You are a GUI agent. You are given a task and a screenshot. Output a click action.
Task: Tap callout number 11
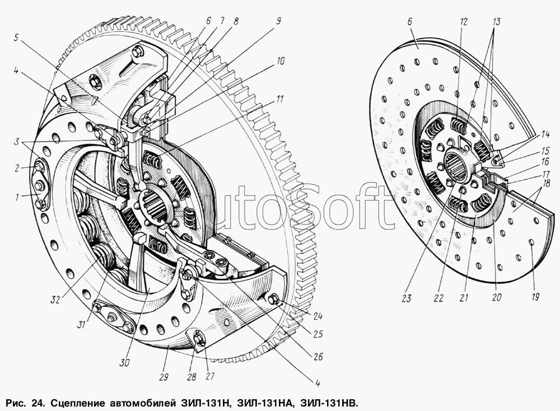[279, 99]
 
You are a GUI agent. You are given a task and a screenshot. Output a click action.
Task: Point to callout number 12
[463, 21]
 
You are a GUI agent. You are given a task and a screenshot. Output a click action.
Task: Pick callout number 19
[535, 296]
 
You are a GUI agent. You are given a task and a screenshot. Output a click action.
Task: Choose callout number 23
[406, 298]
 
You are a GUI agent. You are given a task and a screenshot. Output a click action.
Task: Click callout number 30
[125, 362]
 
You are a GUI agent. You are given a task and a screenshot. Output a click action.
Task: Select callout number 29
[164, 377]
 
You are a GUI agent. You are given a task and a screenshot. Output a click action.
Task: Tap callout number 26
[318, 356]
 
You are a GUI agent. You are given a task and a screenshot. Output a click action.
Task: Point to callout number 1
[16, 197]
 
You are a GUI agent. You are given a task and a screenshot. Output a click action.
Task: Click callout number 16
[545, 162]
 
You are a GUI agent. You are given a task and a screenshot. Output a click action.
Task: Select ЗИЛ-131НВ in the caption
[329, 404]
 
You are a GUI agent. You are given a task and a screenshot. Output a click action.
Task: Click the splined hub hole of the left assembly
[156, 207]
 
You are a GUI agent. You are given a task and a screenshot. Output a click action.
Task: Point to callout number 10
[281, 62]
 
